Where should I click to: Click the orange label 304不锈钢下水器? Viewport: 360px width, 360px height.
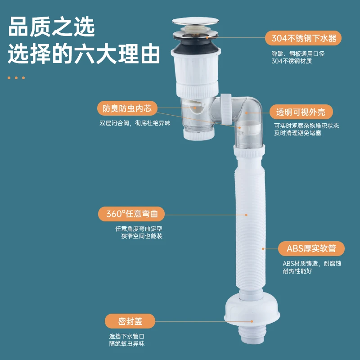304,37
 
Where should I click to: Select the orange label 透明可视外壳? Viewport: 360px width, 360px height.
301,112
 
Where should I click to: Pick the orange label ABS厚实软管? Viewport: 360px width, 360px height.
311,248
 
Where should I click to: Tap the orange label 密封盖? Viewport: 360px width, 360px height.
130,321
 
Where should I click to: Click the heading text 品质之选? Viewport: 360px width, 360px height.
52,28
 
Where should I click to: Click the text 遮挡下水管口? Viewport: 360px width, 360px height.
126,336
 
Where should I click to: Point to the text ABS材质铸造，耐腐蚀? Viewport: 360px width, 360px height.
311,264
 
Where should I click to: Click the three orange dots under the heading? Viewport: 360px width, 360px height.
16,78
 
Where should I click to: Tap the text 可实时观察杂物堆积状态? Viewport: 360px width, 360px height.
306,126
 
